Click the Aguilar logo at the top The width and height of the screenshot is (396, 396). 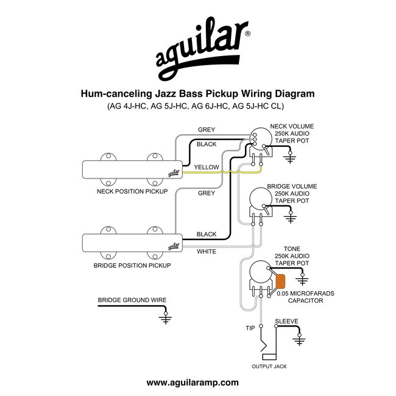(197, 51)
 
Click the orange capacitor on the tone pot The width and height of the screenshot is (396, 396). (281, 282)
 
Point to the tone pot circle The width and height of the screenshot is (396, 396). (261, 272)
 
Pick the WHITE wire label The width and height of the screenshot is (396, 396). (207, 251)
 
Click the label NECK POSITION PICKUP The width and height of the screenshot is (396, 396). (132, 191)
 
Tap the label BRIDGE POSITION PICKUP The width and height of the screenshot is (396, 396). (132, 266)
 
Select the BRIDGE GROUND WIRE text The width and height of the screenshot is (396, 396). (132, 300)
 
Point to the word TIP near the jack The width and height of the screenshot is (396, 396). (250, 328)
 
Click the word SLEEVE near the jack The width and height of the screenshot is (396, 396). (286, 320)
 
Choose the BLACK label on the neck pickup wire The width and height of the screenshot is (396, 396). (207, 144)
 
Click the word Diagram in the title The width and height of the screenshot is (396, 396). (294, 94)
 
